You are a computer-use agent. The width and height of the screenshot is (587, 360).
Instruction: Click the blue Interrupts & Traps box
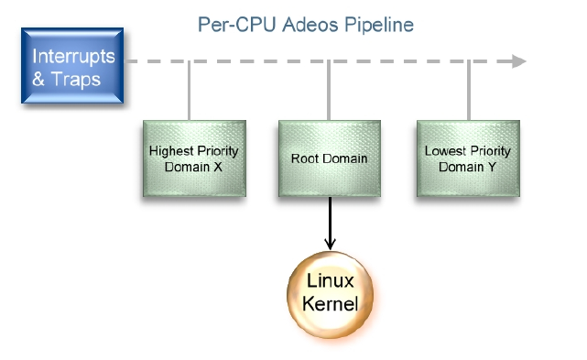[x=72, y=65]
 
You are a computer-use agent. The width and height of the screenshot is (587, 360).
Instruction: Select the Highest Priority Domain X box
[x=194, y=158]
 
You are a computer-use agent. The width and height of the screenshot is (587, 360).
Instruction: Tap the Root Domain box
[x=329, y=158]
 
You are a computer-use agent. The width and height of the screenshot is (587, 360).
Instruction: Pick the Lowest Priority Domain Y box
[x=467, y=158]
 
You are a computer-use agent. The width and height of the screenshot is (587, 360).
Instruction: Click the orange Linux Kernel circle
[x=330, y=293]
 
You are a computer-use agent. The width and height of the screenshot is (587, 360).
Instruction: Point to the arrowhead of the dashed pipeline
[x=519, y=61]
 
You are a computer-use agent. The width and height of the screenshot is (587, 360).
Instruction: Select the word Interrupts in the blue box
[x=74, y=56]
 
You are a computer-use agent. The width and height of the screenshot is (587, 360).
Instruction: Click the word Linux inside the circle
[x=330, y=282]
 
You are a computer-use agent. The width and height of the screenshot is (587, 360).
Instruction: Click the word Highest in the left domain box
[x=168, y=150]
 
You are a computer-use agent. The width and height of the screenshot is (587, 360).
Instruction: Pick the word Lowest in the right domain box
[x=444, y=150]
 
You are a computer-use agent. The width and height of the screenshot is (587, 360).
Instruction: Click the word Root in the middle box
[x=305, y=158]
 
